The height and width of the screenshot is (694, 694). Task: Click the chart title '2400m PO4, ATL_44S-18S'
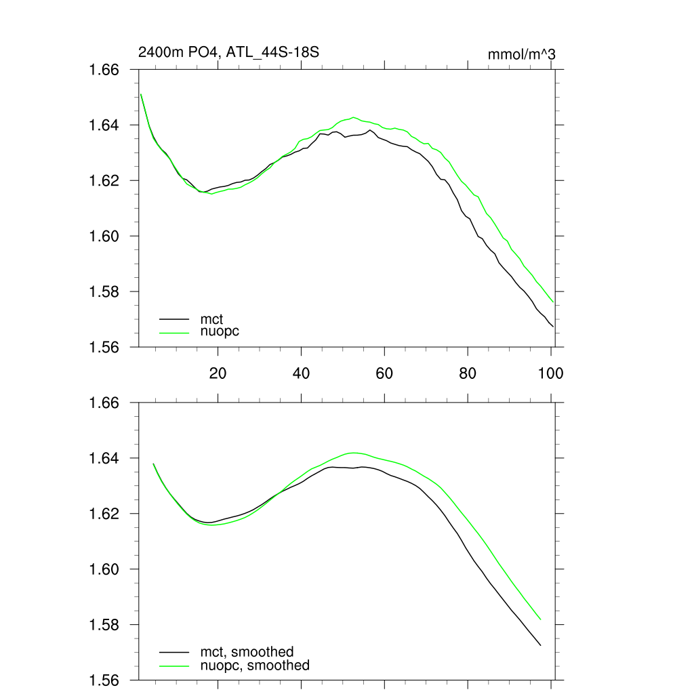pyautogui.click(x=228, y=52)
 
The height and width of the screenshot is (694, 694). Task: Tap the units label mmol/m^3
pyautogui.click(x=521, y=54)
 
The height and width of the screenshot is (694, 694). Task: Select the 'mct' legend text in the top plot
pyautogui.click(x=211, y=318)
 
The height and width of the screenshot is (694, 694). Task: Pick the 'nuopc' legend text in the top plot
pyautogui.click(x=220, y=331)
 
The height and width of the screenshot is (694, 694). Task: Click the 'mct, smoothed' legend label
pyautogui.click(x=247, y=652)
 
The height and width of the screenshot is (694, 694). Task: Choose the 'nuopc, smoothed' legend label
pyautogui.click(x=254, y=666)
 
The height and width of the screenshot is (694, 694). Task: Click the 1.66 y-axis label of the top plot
pyautogui.click(x=105, y=70)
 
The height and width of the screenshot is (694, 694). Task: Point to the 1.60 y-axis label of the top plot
pyautogui.click(x=105, y=237)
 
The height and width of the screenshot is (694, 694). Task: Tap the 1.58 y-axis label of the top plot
pyautogui.click(x=105, y=292)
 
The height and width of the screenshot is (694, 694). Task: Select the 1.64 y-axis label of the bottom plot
pyautogui.click(x=105, y=459)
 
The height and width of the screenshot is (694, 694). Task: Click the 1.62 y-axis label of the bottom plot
pyautogui.click(x=105, y=514)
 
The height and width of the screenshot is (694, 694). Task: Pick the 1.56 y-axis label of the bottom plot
pyautogui.click(x=105, y=680)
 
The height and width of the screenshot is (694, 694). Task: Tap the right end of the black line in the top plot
pyautogui.click(x=553, y=327)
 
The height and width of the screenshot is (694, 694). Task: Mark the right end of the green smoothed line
pyautogui.click(x=540, y=619)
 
